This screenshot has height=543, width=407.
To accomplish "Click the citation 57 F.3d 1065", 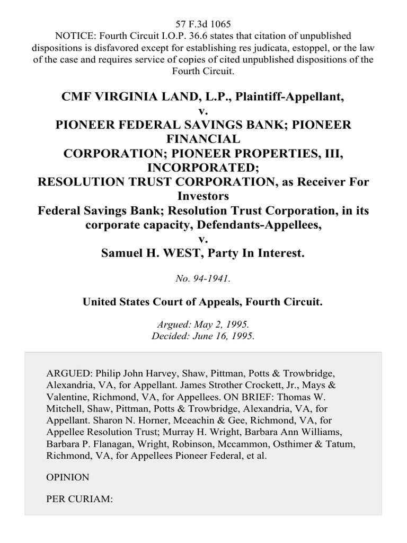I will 203,24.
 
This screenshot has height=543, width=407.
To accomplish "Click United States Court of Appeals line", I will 203,302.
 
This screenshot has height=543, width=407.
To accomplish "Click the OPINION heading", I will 68,477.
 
